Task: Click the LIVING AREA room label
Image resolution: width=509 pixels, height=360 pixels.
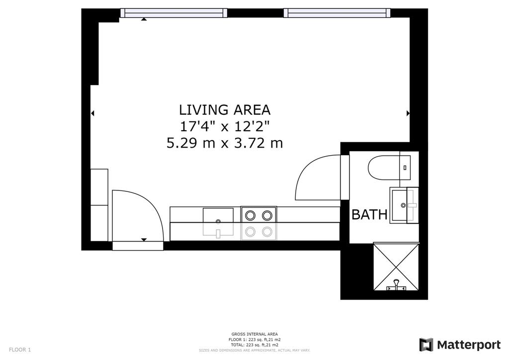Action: pyautogui.click(x=225, y=110)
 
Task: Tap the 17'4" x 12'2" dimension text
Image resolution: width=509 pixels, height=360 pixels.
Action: pyautogui.click(x=225, y=126)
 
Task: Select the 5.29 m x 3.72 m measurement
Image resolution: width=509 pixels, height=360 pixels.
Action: pyautogui.click(x=225, y=143)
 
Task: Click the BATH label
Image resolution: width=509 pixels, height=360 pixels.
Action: pyautogui.click(x=369, y=215)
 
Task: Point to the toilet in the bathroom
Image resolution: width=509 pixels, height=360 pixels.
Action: pyautogui.click(x=389, y=168)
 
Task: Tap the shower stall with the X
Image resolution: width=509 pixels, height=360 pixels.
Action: pyautogui.click(x=396, y=266)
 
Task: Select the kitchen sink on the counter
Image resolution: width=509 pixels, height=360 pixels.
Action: pyautogui.click(x=218, y=222)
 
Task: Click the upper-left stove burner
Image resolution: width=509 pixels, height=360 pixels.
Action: pyautogui.click(x=251, y=215)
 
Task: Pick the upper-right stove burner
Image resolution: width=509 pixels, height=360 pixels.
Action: pyautogui.click(x=267, y=215)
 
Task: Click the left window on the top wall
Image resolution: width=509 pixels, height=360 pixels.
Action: pyautogui.click(x=173, y=13)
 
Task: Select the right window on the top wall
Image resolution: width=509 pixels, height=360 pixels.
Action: pyautogui.click(x=337, y=13)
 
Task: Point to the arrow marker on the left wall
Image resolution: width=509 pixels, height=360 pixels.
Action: pyautogui.click(x=92, y=113)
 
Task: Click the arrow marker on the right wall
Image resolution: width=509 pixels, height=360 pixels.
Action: pyautogui.click(x=408, y=113)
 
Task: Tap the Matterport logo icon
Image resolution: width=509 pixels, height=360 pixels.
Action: pyautogui.click(x=426, y=345)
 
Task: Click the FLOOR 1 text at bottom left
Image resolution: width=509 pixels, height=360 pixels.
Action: pyautogui.click(x=20, y=350)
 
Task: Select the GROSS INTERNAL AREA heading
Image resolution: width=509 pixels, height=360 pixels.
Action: pyautogui.click(x=254, y=334)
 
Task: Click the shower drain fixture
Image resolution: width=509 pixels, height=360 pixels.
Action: pyautogui.click(x=396, y=285)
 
